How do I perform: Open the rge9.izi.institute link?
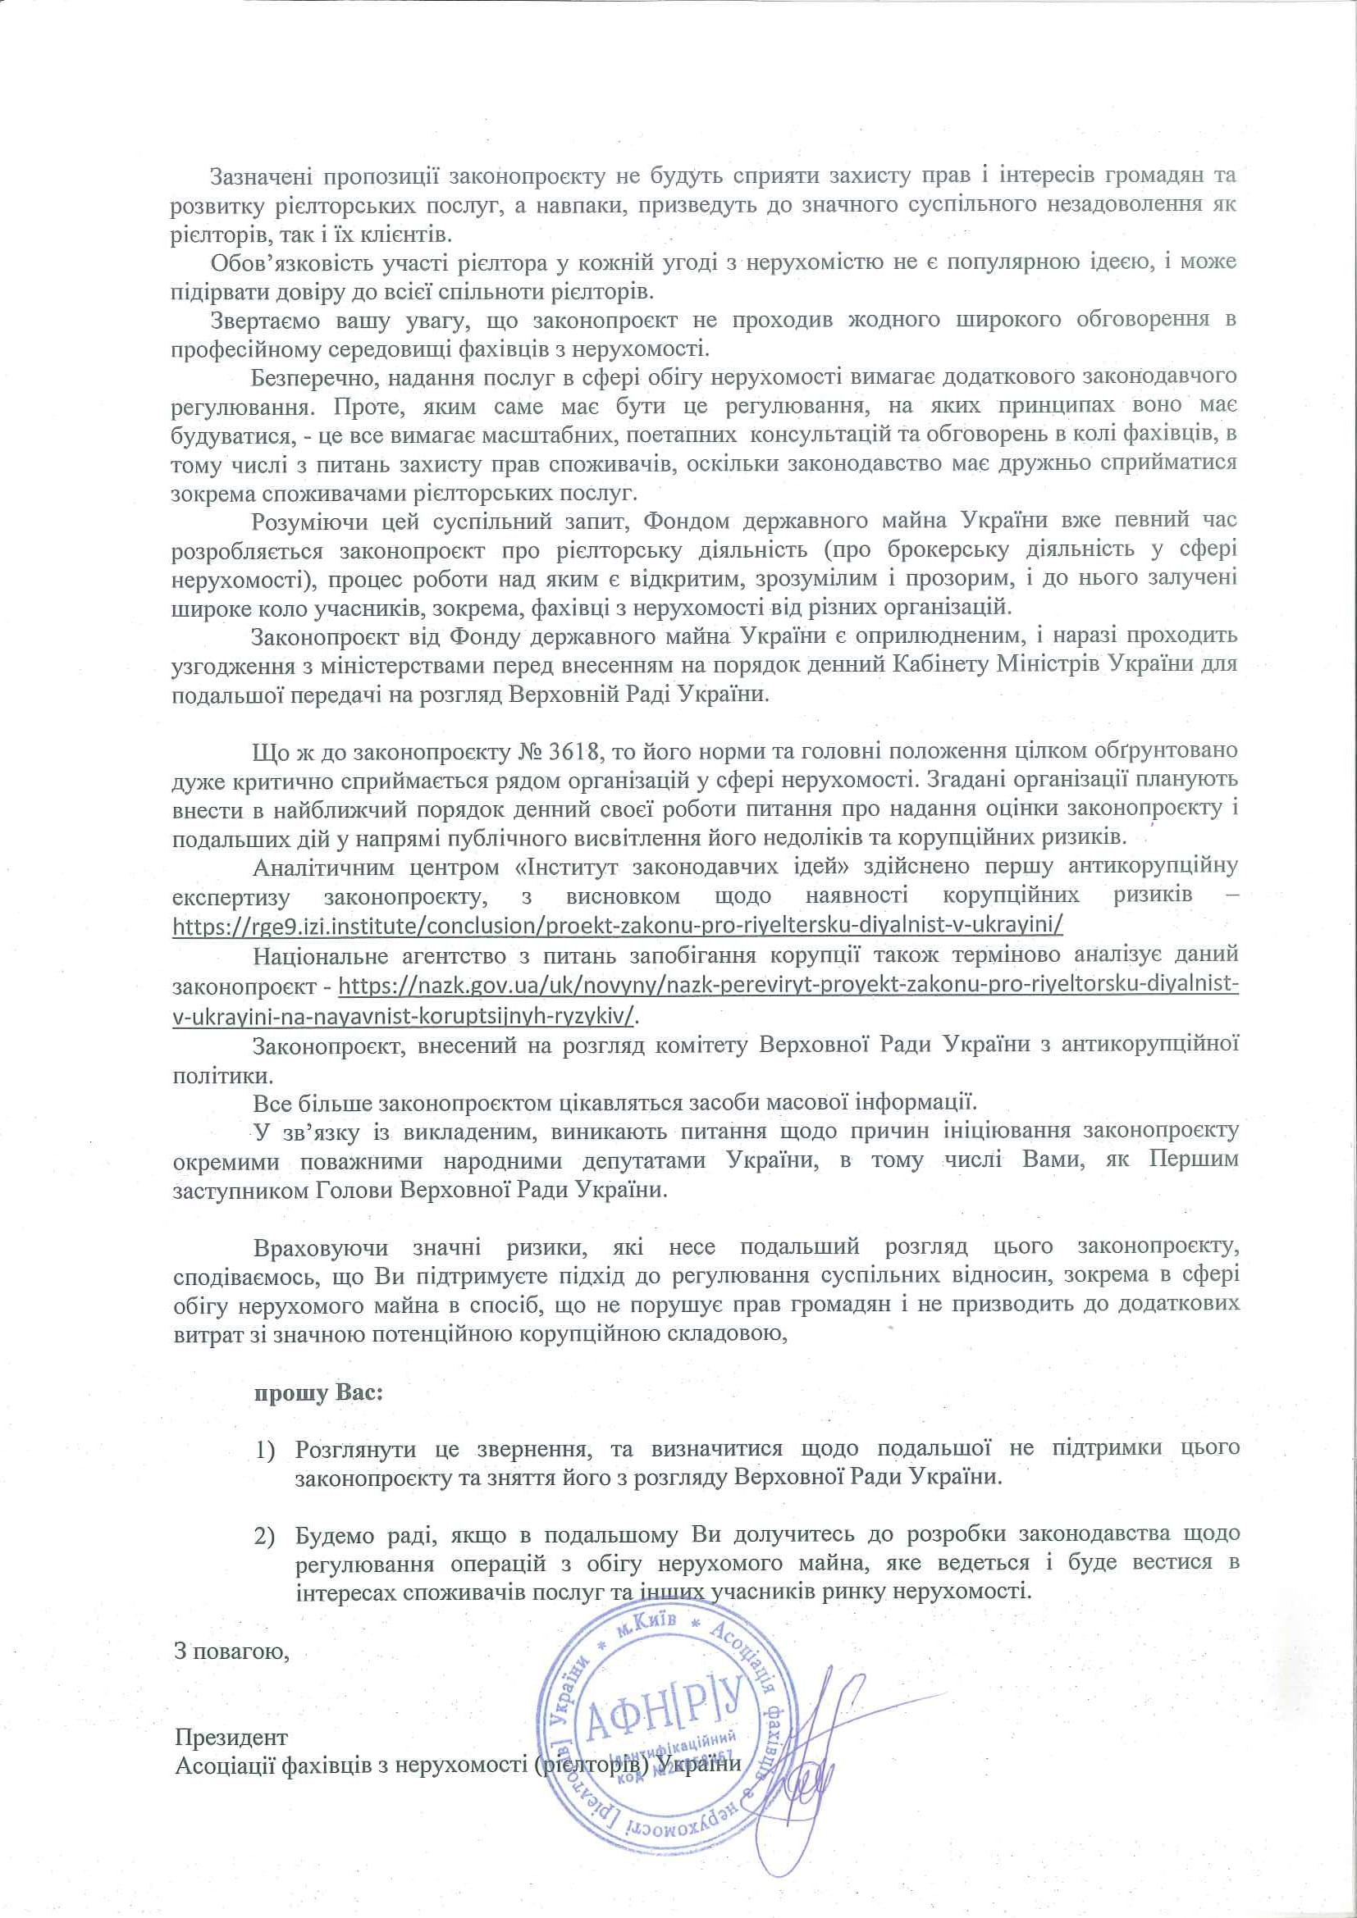point(618,927)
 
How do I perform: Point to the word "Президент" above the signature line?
point(231,1738)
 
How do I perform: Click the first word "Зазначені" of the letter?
point(262,175)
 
